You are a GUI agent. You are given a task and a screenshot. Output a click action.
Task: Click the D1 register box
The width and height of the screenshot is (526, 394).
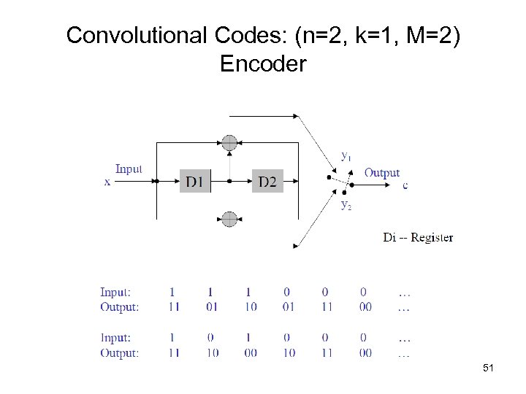click(x=194, y=181)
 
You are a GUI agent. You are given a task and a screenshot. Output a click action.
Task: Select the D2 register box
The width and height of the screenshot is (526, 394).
click(x=267, y=181)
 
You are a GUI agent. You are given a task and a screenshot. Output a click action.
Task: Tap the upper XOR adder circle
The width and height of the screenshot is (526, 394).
click(x=230, y=142)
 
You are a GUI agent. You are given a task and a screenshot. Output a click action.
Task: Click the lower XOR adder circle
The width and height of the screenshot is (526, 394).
click(x=230, y=219)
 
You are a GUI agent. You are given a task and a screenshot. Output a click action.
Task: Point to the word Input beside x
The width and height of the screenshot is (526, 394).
click(x=129, y=169)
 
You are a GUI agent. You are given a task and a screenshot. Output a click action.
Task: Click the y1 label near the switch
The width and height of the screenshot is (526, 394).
click(x=346, y=155)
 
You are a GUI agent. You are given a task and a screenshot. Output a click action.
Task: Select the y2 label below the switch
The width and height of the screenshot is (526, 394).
click(x=346, y=205)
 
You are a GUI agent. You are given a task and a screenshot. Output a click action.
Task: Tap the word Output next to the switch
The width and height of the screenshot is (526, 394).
click(x=381, y=172)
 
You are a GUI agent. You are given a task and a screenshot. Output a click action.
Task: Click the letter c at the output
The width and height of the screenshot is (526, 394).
click(x=405, y=185)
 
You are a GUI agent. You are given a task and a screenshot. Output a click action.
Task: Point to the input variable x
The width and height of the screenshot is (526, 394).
click(x=107, y=182)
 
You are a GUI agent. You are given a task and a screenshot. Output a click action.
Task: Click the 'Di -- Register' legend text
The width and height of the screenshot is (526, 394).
click(x=418, y=237)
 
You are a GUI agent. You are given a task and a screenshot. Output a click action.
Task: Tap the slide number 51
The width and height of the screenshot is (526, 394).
click(x=488, y=369)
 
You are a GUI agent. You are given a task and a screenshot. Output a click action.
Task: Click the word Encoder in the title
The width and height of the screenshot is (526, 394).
click(x=263, y=64)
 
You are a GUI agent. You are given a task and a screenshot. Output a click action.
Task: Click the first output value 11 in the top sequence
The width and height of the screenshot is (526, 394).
click(x=172, y=307)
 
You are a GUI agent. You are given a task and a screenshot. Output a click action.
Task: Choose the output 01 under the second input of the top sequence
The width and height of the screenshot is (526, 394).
click(x=211, y=307)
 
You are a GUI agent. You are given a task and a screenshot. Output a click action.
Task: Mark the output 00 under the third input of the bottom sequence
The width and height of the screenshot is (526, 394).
click(x=250, y=353)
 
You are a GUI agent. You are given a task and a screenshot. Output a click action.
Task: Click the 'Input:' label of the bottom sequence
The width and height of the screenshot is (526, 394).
click(x=115, y=338)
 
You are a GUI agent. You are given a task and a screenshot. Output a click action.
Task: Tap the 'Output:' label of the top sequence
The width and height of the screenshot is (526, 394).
click(x=119, y=307)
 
